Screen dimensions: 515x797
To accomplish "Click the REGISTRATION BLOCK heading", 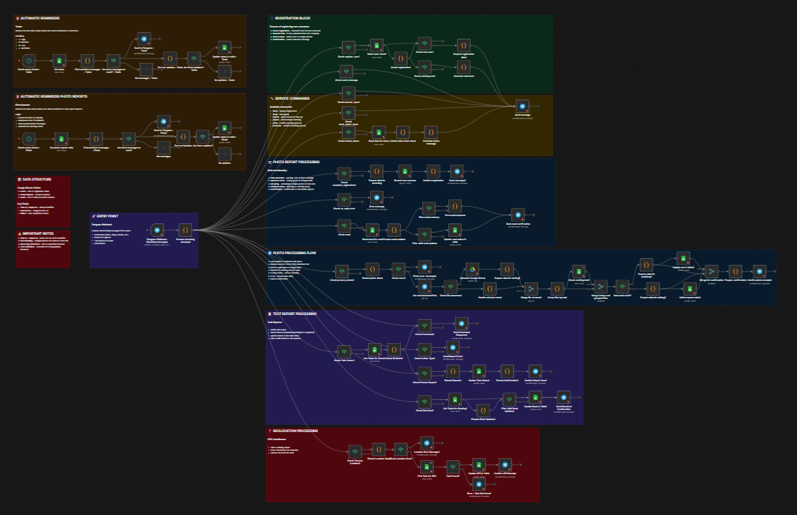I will [292, 18].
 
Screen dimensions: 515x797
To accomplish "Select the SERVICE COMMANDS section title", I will [292, 98].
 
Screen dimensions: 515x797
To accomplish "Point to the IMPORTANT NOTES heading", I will [37, 233].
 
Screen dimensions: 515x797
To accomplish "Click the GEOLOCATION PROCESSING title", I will [294, 431].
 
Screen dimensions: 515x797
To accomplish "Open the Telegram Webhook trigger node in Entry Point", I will [158, 230].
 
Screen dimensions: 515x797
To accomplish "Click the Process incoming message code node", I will [185, 230].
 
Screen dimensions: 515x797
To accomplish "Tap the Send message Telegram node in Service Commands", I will [523, 106].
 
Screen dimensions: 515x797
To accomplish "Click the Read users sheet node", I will [377, 47].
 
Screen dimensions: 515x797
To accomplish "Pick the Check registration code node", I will [400, 58].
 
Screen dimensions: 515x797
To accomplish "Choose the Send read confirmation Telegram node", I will [518, 215].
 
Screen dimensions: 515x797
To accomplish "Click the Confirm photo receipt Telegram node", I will [759, 271].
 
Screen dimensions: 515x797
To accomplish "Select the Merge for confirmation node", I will [711, 271].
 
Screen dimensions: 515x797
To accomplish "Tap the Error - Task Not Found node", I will [479, 484].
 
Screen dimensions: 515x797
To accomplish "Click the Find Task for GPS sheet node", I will [427, 466].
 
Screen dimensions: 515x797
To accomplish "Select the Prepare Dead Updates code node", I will [482, 409].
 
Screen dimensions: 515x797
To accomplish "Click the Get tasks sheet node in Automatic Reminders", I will [59, 61].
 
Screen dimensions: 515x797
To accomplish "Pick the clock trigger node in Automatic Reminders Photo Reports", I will [29, 138].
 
